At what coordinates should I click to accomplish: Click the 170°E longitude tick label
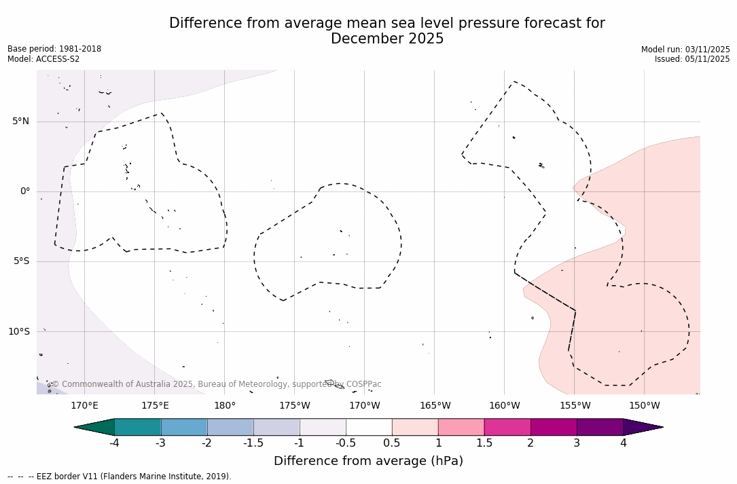[84, 406]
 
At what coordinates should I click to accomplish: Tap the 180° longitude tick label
[224, 406]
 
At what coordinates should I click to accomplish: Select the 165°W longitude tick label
[435, 406]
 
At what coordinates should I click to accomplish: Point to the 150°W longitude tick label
[644, 406]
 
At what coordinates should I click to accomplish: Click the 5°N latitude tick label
[20, 122]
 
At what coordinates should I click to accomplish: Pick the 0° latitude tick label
[25, 191]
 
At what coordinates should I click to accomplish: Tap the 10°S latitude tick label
[18, 332]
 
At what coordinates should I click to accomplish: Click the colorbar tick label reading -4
[114, 443]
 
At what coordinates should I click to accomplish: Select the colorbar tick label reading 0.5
[392, 443]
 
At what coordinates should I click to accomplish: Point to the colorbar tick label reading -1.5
[253, 443]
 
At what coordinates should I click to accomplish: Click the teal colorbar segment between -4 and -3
[138, 427]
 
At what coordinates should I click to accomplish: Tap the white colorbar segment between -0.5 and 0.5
[369, 427]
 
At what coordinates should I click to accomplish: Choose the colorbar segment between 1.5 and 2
[507, 427]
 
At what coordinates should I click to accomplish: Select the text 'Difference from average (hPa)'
[368, 462]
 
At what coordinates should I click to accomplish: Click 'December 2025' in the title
[387, 39]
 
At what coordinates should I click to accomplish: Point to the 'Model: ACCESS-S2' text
[43, 59]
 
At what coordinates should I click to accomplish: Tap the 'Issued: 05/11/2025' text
[692, 59]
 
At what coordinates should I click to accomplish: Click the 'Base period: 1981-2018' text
[54, 49]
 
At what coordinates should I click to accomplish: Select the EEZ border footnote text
[120, 477]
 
